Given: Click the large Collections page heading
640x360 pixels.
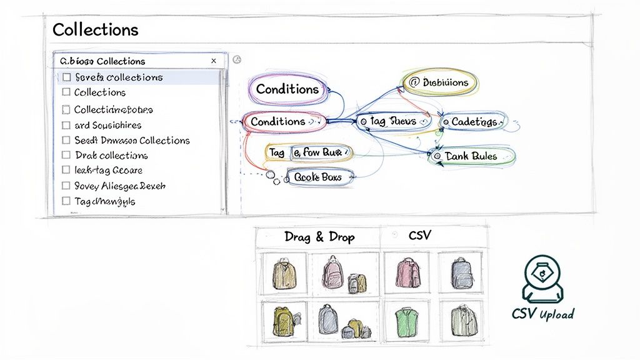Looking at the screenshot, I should click(x=96, y=29).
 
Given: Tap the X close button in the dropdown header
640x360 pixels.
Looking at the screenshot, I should click(x=214, y=61).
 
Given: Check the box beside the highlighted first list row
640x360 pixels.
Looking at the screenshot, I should click(x=67, y=77).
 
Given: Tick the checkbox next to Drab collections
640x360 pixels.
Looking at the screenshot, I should click(x=67, y=155).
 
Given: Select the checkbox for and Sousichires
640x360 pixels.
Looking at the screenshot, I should click(x=67, y=125).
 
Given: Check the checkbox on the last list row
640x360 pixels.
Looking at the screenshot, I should click(x=67, y=201).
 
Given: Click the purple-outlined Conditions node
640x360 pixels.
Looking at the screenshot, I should click(x=287, y=89).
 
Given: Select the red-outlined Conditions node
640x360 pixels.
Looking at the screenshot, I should click(x=279, y=121).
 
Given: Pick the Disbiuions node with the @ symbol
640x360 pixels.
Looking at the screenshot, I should click(x=439, y=82).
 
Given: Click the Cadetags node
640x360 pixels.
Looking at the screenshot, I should click(x=472, y=121).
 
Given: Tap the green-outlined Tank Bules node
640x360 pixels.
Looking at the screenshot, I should click(x=472, y=156).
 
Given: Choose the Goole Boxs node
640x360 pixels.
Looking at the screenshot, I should click(x=317, y=177).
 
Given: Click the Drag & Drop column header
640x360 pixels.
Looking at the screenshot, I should click(x=319, y=237).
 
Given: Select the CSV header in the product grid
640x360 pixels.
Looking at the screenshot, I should click(x=419, y=236).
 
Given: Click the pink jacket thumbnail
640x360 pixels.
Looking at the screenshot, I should click(x=407, y=273).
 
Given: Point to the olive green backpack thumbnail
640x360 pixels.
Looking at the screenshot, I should click(x=283, y=321).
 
